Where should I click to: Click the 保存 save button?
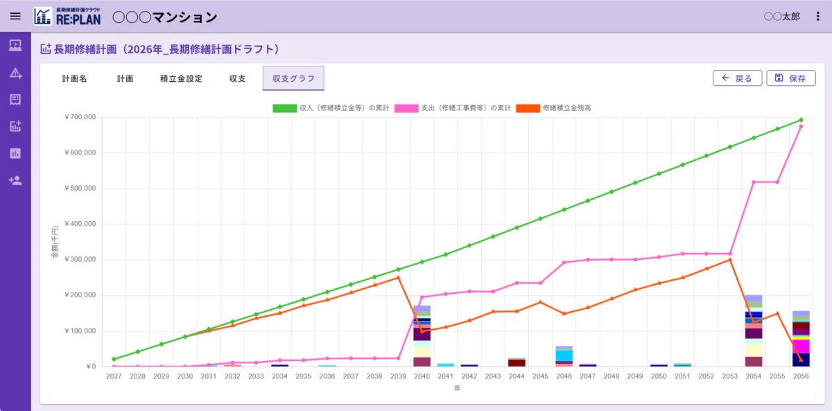791,78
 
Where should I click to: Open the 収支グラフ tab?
293,78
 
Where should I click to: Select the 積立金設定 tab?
181,78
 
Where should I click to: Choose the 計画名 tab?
74,78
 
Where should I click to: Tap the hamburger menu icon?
15,16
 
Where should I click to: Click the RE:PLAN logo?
67,17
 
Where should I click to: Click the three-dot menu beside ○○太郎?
817,17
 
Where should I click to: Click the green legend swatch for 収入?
284,108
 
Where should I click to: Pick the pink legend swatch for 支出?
406,108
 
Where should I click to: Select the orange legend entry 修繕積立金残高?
553,108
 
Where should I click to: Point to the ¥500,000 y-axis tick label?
80,189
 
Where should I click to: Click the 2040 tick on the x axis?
422,376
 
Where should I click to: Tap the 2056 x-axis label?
801,376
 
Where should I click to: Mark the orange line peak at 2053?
730,260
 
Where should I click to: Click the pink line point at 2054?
754,182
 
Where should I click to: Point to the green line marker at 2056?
801,120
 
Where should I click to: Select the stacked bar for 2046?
564,356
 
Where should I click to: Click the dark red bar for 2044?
517,362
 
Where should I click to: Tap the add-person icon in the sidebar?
15,180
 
